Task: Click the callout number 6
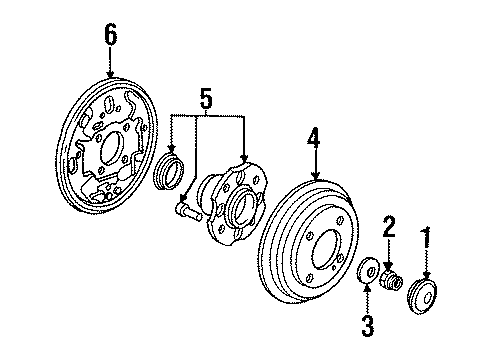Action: (x=111, y=35)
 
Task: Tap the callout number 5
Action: (x=206, y=98)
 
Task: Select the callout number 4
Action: (x=314, y=138)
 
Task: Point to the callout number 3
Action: (x=367, y=325)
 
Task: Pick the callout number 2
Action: (x=389, y=227)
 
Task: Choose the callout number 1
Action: (x=426, y=238)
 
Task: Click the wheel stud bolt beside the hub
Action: (x=188, y=212)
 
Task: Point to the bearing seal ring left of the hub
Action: (x=169, y=172)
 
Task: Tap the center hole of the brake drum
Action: (x=326, y=249)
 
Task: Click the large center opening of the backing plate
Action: (x=111, y=149)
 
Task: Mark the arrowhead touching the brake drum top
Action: (x=315, y=176)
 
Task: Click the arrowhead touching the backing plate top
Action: (x=110, y=75)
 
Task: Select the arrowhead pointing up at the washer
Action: (x=367, y=287)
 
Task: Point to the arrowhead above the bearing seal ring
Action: (x=172, y=148)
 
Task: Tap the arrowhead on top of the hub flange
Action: (x=245, y=158)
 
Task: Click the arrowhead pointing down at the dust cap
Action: (x=426, y=275)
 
